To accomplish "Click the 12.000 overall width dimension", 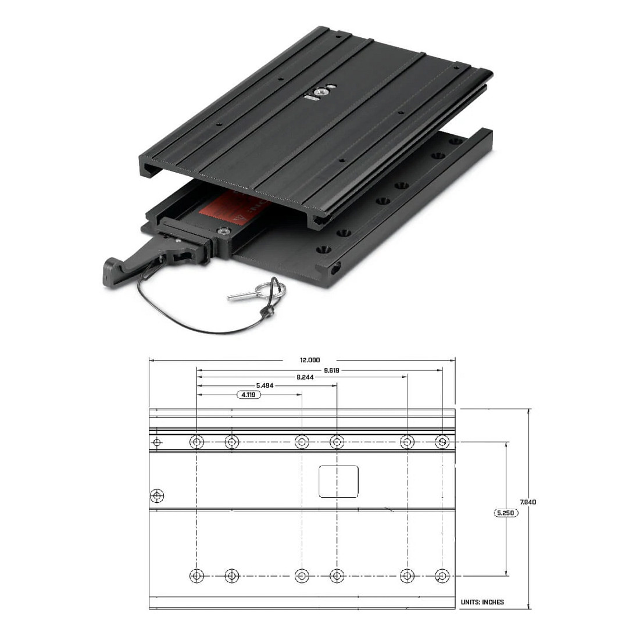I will coord(309,360).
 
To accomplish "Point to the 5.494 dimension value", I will coord(264,385).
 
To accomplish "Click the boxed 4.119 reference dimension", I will coord(248,395).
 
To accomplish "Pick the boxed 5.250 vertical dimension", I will coord(506,513).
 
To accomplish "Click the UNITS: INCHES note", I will coord(482,602).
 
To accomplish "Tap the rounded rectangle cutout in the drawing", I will coord(338,481).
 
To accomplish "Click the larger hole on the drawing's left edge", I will coord(156,496).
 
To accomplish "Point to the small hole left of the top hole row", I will coord(156,443).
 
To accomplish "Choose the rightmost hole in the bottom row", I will coord(442,576).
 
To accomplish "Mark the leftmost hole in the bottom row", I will coord(197,576).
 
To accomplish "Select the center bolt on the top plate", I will coord(319,91).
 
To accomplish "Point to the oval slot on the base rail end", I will coord(335,269).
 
